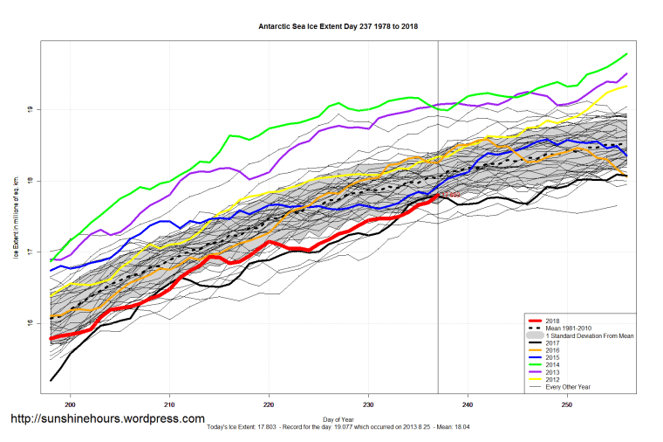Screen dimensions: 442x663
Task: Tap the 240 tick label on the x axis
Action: pyautogui.click(x=468, y=404)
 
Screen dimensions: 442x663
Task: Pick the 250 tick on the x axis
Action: pyautogui.click(x=568, y=404)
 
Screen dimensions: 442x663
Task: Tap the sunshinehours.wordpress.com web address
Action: pyautogui.click(x=107, y=419)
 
